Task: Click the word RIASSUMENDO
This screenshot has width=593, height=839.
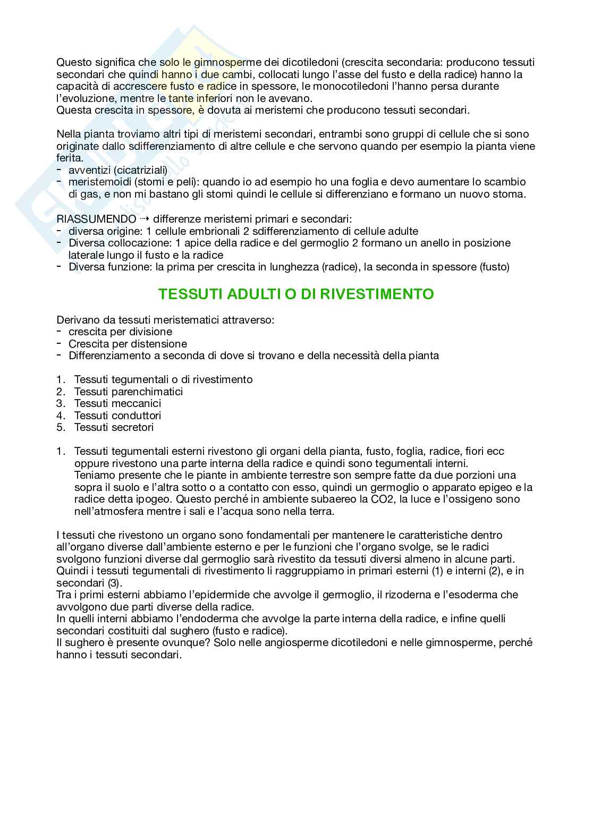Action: click(x=96, y=219)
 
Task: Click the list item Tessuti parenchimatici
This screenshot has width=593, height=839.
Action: click(x=128, y=392)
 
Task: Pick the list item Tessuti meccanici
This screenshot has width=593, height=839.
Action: click(x=117, y=403)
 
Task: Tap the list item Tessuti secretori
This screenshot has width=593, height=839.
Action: click(x=114, y=427)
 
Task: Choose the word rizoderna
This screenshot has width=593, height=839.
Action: click(x=369, y=595)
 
